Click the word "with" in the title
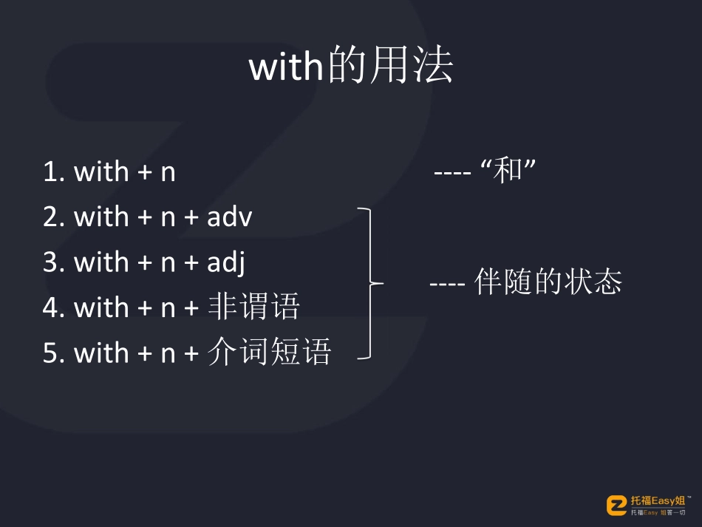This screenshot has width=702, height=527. coord(287,68)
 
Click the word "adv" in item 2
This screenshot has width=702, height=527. coord(230,217)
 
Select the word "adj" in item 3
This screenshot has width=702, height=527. coord(226,263)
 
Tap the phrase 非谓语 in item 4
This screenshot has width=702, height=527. coord(253,307)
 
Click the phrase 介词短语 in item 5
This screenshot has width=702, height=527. coord(269,353)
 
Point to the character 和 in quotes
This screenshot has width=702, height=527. coord(508,172)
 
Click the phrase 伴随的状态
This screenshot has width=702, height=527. coord(548,282)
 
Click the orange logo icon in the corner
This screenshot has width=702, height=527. coord(616,505)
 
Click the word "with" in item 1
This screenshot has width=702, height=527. coord(101,172)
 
